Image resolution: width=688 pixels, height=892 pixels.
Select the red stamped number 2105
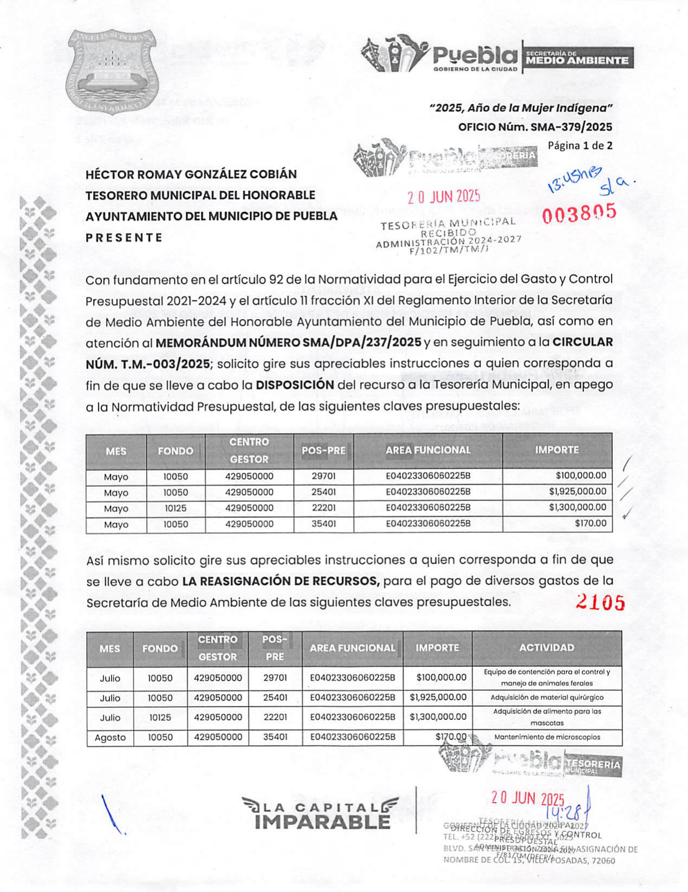[x=600, y=602]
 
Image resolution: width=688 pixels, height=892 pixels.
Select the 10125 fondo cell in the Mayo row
[x=176, y=508]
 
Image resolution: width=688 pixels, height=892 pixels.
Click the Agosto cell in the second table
[x=110, y=737]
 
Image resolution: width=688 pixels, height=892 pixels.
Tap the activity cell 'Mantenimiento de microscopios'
[x=547, y=737]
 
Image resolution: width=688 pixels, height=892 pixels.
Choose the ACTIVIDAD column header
[x=547, y=648]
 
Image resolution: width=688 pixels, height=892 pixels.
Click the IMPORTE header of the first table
[x=557, y=450]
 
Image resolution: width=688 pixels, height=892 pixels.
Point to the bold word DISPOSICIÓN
[x=295, y=385]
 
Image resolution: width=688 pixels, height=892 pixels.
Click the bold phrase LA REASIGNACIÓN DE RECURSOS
[x=281, y=581]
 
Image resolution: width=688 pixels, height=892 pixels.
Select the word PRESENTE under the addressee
[x=124, y=238]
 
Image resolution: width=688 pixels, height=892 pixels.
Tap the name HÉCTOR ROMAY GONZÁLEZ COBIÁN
[x=191, y=174]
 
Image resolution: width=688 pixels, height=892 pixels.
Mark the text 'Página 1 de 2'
[x=580, y=146]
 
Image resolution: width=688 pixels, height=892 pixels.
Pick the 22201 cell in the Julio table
[x=275, y=717]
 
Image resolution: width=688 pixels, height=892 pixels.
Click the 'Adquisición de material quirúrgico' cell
[x=547, y=698]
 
